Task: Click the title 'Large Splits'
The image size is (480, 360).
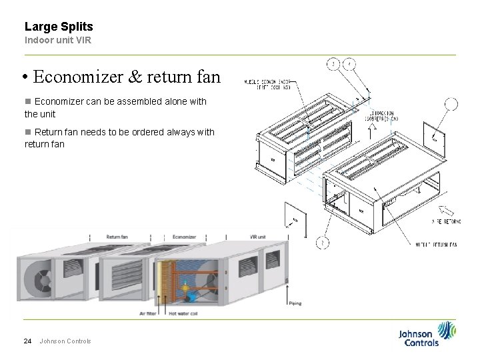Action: [x=59, y=27]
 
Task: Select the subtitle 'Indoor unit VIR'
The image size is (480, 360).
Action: [x=57, y=40]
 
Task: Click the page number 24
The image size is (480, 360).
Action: [x=28, y=341]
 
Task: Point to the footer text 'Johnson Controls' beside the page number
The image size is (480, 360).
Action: [x=65, y=341]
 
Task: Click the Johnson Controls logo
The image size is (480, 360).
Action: [x=427, y=334]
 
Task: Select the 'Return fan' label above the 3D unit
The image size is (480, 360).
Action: [x=118, y=236]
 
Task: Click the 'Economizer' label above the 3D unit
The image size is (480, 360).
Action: [x=184, y=236]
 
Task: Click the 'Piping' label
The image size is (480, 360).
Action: [x=295, y=303]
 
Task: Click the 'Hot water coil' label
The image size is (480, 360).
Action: [x=183, y=313]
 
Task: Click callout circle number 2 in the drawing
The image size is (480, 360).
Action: [x=321, y=243]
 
